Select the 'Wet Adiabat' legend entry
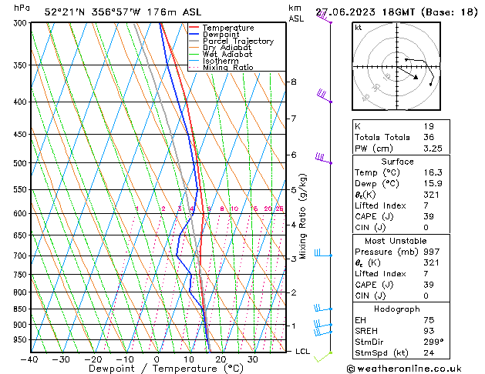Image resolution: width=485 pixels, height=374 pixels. tap(229, 54)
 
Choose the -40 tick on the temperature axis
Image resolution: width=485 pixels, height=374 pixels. tap(29, 359)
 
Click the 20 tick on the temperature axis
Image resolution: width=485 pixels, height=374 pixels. tap(221, 359)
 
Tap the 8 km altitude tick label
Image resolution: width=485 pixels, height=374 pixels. tap(293, 82)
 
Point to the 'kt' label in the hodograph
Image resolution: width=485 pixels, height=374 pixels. tap(359, 28)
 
